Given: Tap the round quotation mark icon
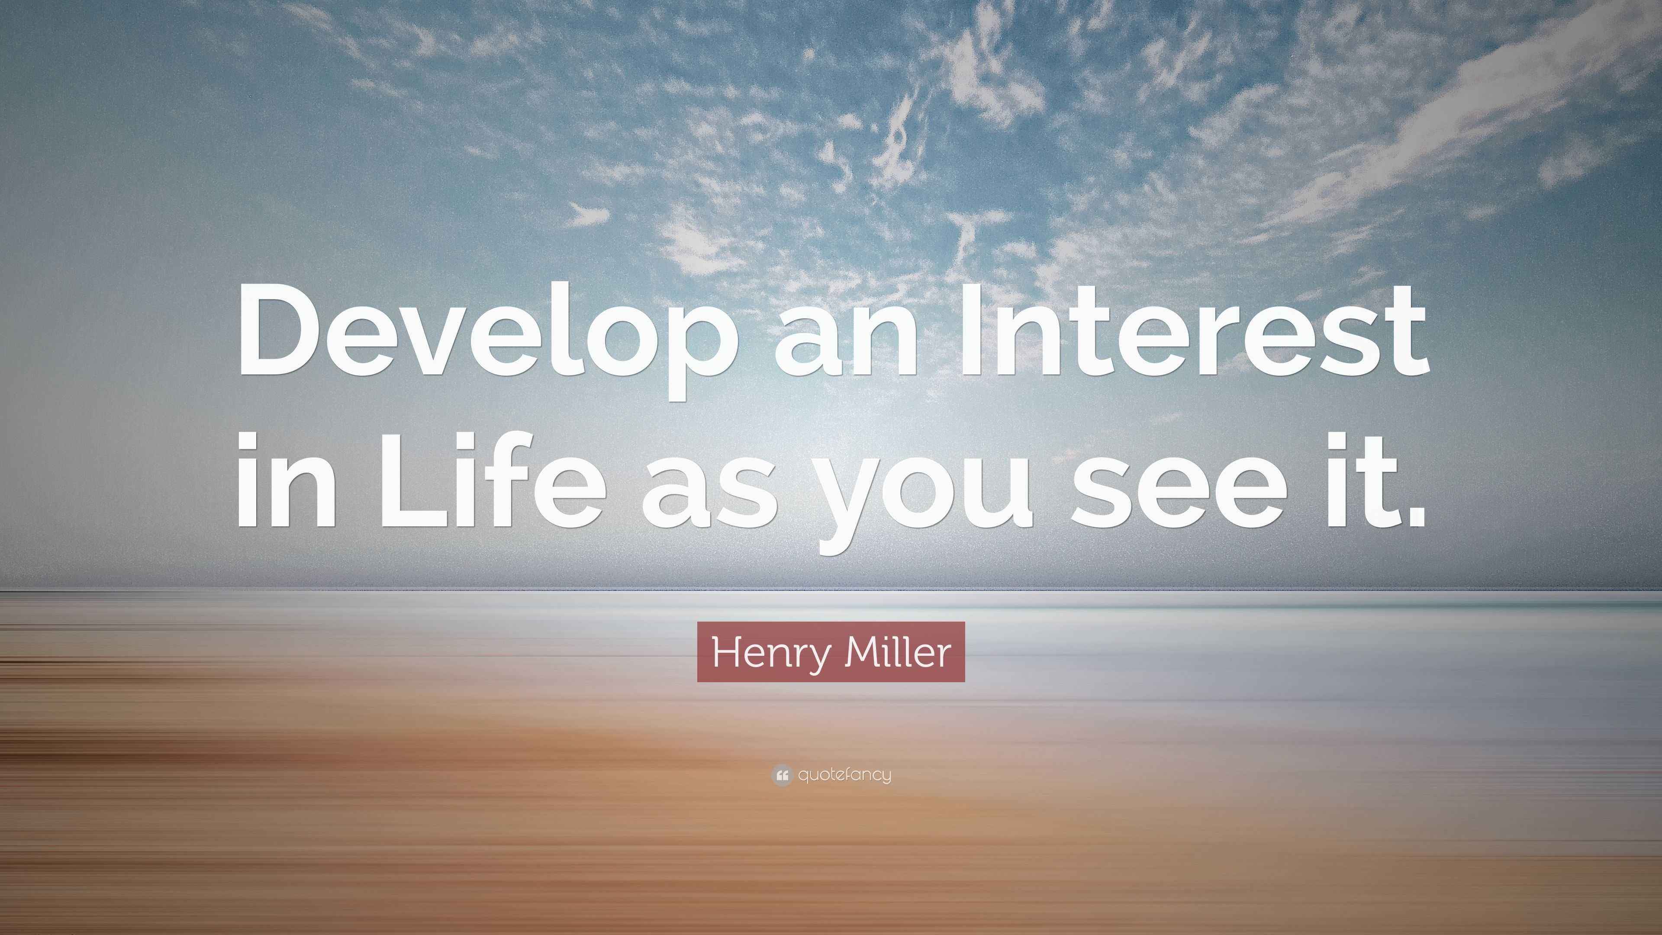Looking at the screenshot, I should point(781,775).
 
